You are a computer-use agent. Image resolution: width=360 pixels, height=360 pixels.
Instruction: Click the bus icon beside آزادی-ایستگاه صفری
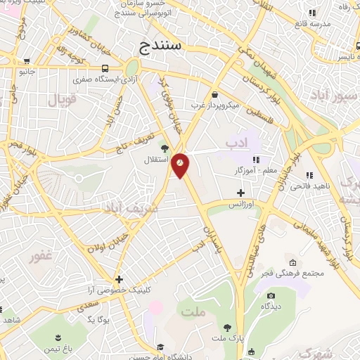pos(105,68)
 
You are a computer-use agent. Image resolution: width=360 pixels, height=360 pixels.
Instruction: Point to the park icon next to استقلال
pos(165,148)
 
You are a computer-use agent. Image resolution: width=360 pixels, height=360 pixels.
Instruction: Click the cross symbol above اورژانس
pos(240,192)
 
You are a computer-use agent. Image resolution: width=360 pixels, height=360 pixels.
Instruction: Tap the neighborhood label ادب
pos(238,143)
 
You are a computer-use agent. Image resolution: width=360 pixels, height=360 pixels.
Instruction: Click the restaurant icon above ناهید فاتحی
pos(309,175)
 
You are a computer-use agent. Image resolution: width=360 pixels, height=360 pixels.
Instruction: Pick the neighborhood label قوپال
pos(61,101)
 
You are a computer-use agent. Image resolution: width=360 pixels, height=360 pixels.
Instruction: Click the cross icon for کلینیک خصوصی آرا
pos(120,279)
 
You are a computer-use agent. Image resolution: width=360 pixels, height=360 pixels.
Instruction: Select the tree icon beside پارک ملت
pos(227,327)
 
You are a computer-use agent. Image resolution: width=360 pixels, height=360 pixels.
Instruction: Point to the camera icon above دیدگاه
pos(267,296)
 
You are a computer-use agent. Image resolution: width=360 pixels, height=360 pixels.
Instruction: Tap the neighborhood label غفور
pos(41,256)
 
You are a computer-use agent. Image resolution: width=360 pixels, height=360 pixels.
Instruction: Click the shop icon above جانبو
pos(26,61)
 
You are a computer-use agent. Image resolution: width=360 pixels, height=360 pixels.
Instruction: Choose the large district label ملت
pos(192,310)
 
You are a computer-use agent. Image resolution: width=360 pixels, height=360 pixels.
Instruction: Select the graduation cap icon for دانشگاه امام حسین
pos(161,347)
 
